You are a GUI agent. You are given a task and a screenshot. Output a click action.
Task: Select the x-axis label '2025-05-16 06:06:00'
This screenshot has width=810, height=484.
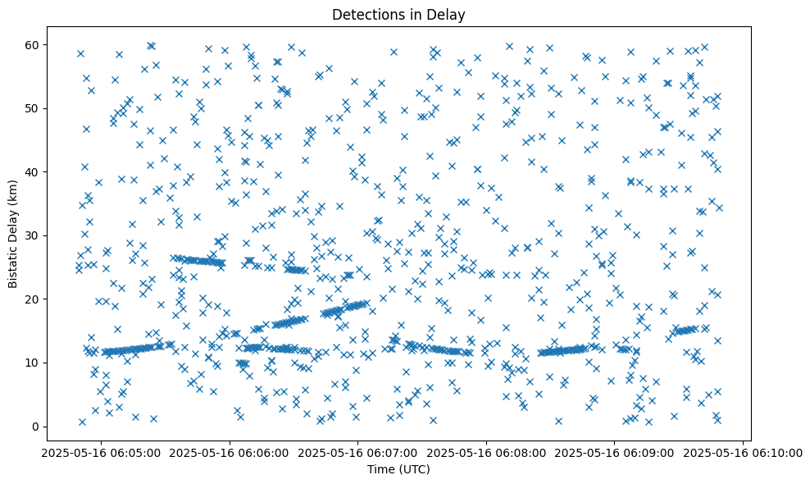[229, 452]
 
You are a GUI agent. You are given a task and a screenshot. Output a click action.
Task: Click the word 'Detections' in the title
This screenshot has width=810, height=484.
[362, 14]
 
